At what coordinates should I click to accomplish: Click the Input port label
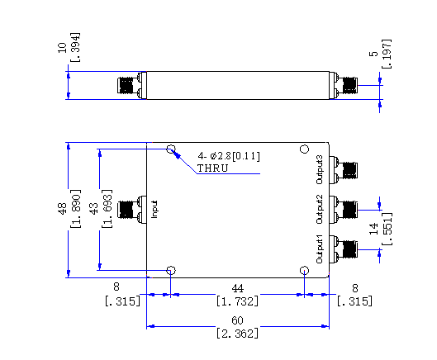click(x=154, y=209)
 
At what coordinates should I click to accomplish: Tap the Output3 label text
click(x=320, y=170)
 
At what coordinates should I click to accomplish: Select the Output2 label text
click(x=320, y=209)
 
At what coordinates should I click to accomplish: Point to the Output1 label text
click(x=320, y=249)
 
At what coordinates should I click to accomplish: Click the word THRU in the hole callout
click(x=212, y=168)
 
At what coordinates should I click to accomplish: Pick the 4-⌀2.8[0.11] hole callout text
click(x=229, y=156)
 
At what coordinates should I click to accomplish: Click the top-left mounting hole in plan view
click(x=171, y=149)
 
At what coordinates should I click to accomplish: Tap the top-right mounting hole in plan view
click(x=305, y=149)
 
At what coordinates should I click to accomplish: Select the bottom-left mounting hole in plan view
click(x=171, y=270)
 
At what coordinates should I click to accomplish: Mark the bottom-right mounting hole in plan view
click(x=304, y=270)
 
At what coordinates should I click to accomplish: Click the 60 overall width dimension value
click(x=237, y=320)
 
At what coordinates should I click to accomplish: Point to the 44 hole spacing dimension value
click(x=237, y=288)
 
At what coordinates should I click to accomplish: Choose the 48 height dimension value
click(x=62, y=209)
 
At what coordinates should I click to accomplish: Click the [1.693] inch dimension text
click(x=107, y=209)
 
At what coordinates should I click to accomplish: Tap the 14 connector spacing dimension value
click(x=373, y=229)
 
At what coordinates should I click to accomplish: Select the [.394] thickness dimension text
click(x=75, y=47)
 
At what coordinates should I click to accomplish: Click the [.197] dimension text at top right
click(x=387, y=54)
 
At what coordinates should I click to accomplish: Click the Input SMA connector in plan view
click(x=132, y=209)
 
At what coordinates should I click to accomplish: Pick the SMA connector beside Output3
click(x=344, y=170)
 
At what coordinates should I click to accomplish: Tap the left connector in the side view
click(x=132, y=85)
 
